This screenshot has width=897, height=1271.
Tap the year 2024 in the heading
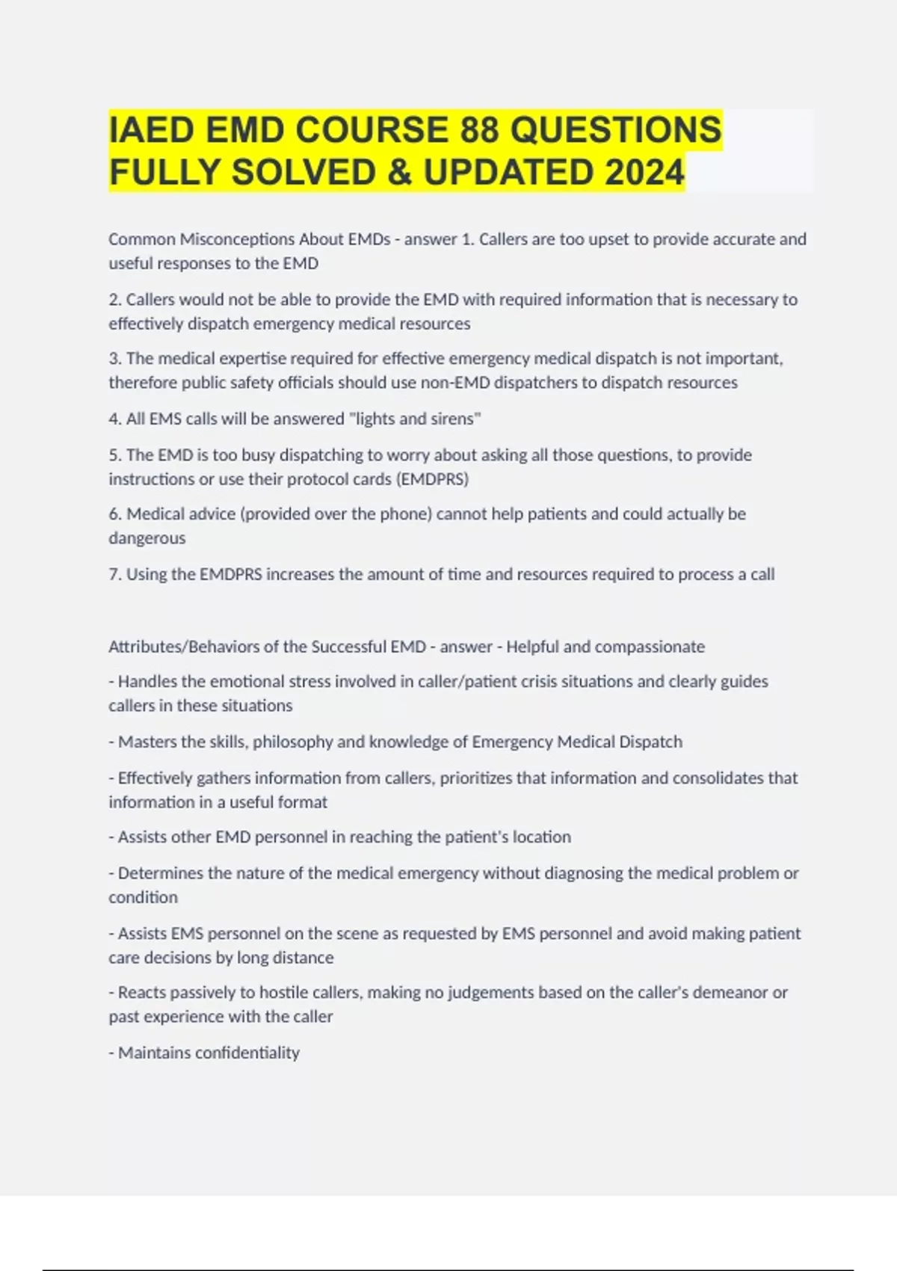[644, 172]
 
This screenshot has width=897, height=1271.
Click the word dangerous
[147, 538]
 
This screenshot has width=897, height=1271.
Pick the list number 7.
[114, 574]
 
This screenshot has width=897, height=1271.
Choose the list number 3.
[114, 359]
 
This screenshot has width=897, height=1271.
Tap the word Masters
[147, 742]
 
